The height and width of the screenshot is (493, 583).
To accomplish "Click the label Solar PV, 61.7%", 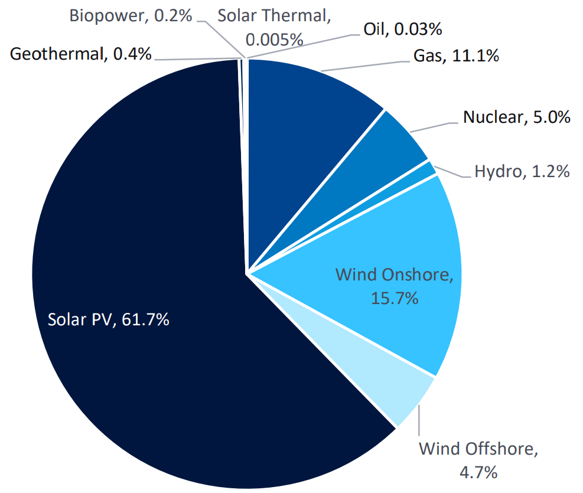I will (x=109, y=320).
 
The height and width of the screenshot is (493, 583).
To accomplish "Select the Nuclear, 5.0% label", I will (x=516, y=117).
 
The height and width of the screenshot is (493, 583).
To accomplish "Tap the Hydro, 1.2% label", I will (x=522, y=172).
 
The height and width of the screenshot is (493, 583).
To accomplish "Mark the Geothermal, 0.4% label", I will (x=81, y=54).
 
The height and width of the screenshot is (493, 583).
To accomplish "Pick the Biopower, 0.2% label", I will (x=131, y=15).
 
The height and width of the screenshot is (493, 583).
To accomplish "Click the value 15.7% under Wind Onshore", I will (x=395, y=298).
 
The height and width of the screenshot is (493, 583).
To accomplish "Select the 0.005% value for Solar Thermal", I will (x=274, y=40).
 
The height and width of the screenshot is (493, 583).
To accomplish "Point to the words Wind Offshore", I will (x=478, y=449).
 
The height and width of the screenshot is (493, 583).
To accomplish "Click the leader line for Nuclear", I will (x=434, y=127).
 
